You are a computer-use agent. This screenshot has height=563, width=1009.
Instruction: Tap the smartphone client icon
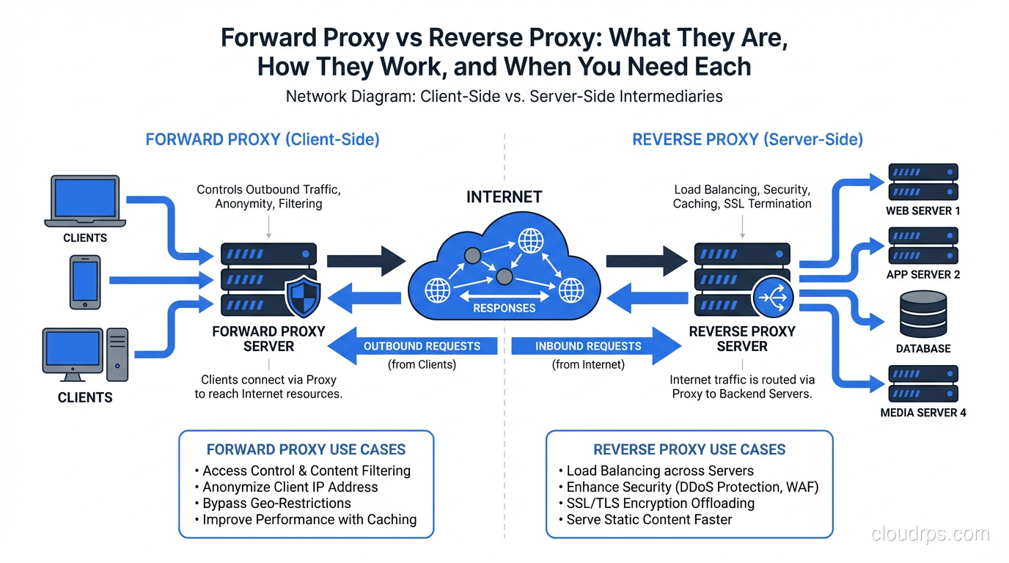85,282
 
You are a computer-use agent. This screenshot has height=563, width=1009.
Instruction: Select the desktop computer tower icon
117,355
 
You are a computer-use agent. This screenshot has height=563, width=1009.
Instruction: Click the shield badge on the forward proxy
301,297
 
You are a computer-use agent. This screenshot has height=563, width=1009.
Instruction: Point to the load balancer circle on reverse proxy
773,298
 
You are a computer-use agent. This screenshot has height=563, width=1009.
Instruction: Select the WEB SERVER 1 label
923,211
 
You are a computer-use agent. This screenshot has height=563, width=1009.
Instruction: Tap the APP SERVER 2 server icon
923,246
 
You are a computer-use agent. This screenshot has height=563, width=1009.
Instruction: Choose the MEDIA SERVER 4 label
923,413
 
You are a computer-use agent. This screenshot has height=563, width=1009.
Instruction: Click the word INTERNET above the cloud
504,197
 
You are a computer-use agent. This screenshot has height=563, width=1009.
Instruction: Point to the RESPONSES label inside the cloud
504,308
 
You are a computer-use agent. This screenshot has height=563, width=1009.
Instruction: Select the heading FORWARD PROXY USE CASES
306,449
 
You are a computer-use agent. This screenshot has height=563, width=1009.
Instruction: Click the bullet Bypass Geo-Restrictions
276,504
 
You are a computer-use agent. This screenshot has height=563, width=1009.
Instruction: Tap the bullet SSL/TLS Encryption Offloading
660,504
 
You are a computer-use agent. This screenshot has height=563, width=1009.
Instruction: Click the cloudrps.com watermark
930,534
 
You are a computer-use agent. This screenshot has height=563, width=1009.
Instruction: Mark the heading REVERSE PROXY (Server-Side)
747,139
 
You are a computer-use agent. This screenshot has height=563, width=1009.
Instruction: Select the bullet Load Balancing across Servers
660,471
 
